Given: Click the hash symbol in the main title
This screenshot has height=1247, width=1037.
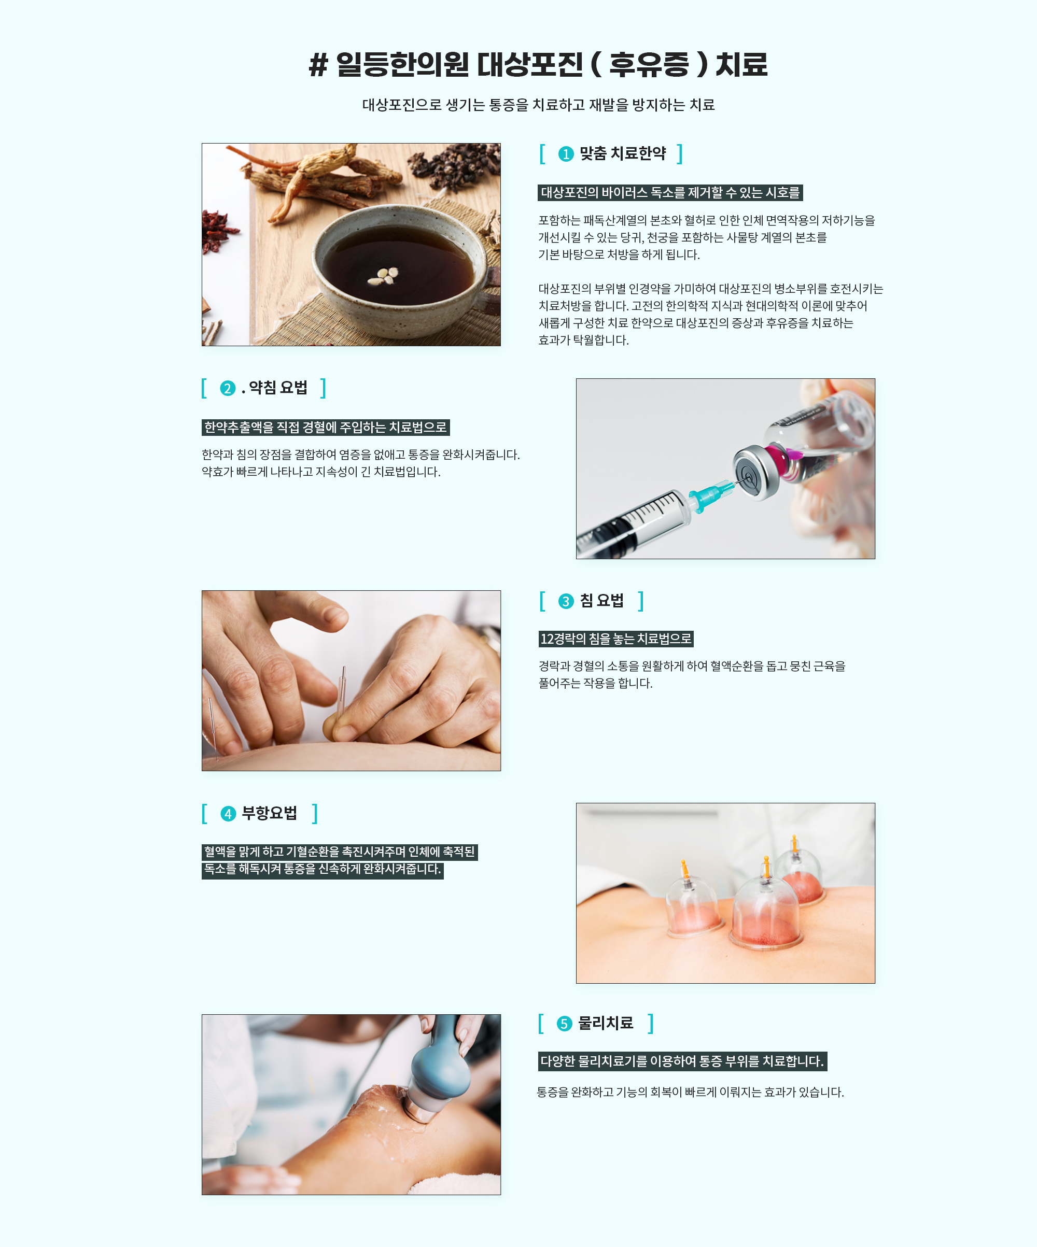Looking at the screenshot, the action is (318, 65).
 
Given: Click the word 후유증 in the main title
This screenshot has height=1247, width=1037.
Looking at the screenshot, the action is (649, 64).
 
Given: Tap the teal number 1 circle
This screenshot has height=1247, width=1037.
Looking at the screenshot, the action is (565, 154).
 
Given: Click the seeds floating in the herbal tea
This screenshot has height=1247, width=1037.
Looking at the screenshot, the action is (383, 275).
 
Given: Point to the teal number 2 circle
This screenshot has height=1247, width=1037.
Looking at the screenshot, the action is (228, 388).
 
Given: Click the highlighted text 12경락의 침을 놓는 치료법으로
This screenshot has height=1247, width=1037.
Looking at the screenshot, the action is (616, 639).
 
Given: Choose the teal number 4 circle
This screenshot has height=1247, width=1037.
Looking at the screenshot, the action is (228, 814).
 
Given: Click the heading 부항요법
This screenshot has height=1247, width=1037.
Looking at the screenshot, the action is (269, 813).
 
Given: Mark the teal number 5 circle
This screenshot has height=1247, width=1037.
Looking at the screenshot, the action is (564, 1024).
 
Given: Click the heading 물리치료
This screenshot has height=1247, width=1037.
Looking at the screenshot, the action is (605, 1023).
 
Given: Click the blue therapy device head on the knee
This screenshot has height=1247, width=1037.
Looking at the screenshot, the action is (439, 1075).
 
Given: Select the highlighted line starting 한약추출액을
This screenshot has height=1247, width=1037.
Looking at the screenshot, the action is (326, 428).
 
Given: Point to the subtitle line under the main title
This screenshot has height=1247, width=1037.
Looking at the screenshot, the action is (538, 105).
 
